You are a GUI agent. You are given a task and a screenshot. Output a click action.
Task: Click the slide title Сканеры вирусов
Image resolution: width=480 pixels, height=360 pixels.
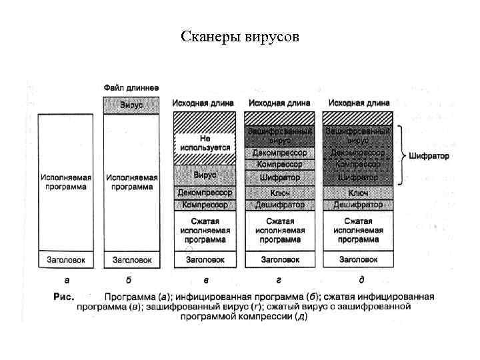(x=240, y=36)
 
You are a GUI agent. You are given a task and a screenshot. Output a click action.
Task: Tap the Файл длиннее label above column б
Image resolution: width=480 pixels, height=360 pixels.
(x=131, y=88)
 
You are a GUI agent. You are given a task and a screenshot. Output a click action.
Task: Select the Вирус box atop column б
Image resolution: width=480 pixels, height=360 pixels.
(x=131, y=105)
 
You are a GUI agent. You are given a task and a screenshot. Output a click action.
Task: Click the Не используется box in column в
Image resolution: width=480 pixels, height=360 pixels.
(x=205, y=143)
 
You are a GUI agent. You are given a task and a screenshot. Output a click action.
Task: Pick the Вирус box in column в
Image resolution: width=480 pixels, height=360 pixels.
(x=205, y=175)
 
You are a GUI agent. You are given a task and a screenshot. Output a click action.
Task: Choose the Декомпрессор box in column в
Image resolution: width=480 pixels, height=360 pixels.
(x=205, y=192)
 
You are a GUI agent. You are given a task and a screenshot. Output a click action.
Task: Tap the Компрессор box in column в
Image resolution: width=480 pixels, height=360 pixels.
(x=205, y=205)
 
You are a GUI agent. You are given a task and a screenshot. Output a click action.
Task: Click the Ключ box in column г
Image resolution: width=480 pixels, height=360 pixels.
(x=280, y=192)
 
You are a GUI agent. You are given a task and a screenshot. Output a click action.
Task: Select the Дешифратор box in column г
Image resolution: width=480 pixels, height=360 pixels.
(x=280, y=205)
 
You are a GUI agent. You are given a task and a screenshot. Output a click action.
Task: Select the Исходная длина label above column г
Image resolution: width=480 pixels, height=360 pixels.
(x=280, y=103)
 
